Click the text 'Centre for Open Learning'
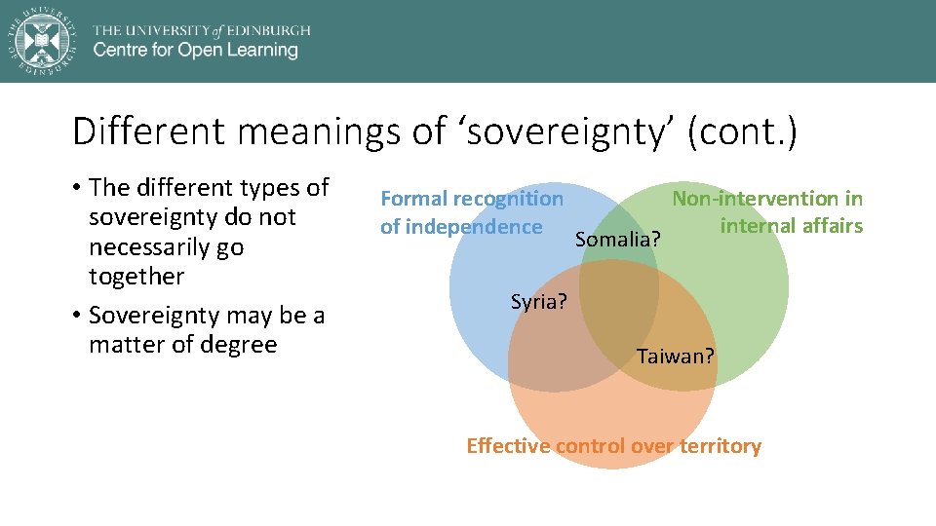tap(195, 51)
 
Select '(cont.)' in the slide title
tap(742, 131)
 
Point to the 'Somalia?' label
tap(618, 239)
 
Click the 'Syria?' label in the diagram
tap(538, 302)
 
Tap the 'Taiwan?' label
tap(676, 357)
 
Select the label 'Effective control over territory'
tap(613, 446)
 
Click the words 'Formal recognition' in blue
tap(472, 199)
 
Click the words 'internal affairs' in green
tap(791, 226)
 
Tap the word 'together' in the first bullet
tap(136, 277)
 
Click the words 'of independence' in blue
tap(461, 227)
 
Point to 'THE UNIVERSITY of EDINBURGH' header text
tap(202, 30)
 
